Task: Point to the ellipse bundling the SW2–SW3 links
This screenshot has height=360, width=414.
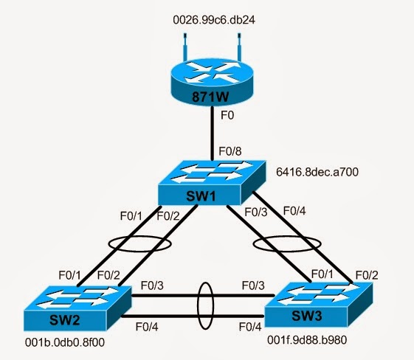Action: tap(206, 303)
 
